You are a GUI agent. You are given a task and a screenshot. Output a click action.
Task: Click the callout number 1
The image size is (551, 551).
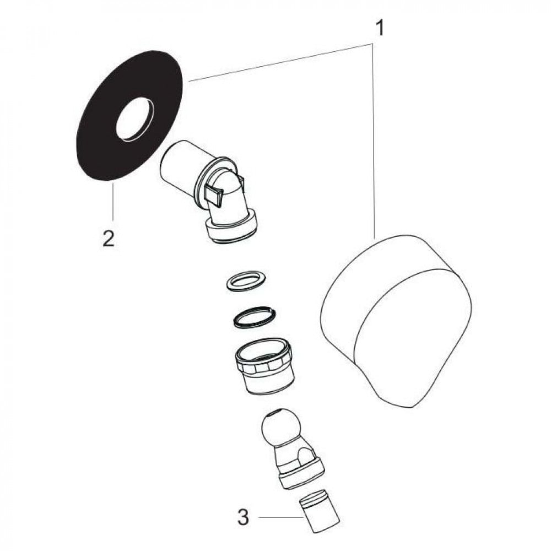[380, 28]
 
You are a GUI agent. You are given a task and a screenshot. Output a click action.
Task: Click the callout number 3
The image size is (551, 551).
[243, 517]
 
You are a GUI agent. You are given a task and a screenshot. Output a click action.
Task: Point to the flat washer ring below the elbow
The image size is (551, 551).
[246, 281]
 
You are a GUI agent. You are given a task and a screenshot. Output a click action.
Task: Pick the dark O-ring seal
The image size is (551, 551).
[254, 317]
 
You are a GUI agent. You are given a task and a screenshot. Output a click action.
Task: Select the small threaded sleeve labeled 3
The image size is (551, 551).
[319, 512]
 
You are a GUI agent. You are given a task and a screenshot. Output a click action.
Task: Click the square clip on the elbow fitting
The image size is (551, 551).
[214, 195]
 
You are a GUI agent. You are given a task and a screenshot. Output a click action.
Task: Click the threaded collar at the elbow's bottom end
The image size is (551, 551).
[233, 228]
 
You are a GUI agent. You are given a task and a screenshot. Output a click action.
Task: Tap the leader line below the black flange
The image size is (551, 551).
[113, 201]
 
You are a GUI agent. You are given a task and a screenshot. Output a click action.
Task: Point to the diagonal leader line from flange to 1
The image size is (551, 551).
[280, 62]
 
